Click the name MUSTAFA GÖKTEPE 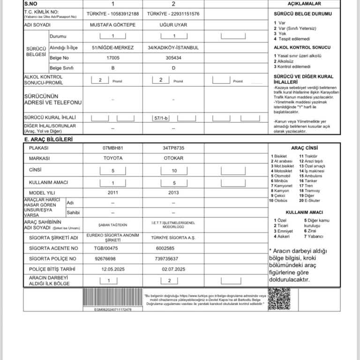click(113, 23)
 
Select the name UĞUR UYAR click(173, 23)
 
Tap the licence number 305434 click(173, 58)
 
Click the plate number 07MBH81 click(113, 148)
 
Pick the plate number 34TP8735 click(173, 148)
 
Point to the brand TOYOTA click(113, 158)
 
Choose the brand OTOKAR click(173, 158)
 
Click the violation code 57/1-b click(161, 118)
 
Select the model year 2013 click(173, 193)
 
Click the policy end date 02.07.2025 click(173, 269)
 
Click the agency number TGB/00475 click(106, 248)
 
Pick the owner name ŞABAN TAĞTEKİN click(113, 225)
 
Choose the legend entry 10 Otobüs click(277, 201)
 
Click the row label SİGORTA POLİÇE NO click(52, 259)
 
